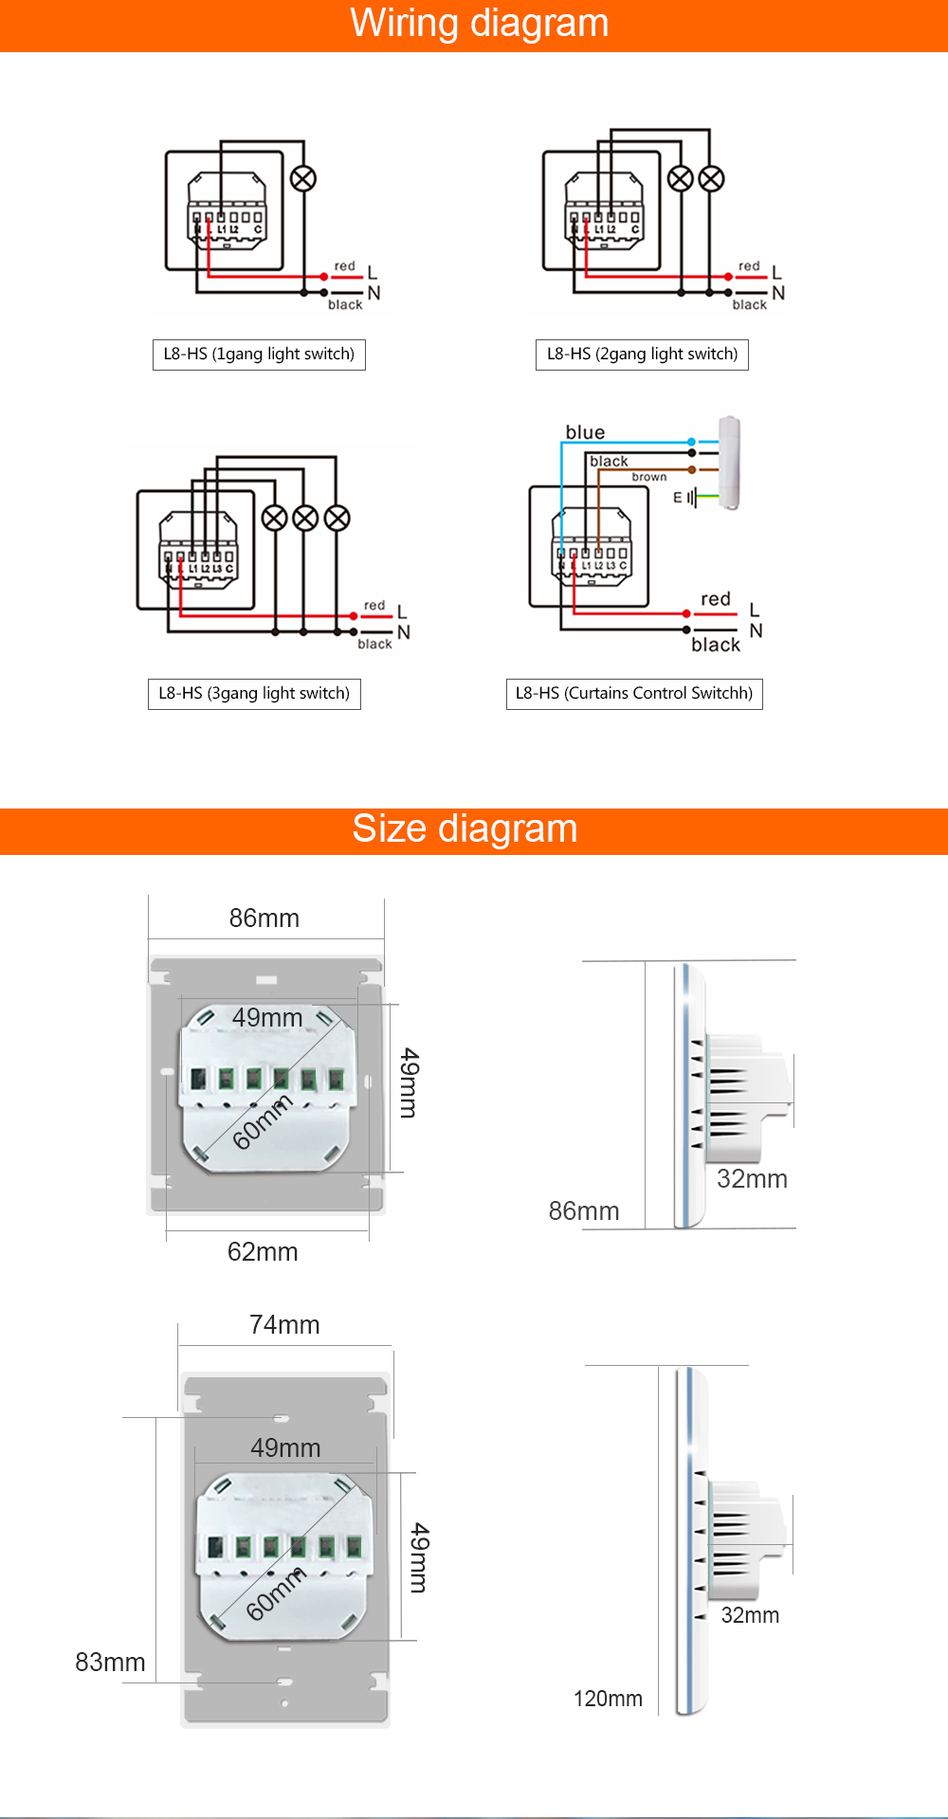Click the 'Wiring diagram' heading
479,23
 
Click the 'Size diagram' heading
465,828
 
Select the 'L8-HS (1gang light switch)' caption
259,355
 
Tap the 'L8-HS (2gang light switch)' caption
642,355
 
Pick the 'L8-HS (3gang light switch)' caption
254,694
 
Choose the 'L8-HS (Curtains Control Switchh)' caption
634,694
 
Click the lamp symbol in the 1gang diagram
303,178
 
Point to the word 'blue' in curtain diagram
585,432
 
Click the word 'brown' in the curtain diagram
649,477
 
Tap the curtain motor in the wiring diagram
729,463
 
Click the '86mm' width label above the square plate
264,919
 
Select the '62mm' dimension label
263,1252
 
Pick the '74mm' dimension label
284,1325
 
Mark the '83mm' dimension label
110,1663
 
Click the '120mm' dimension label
608,1699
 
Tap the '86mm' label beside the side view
584,1211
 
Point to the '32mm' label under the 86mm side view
752,1179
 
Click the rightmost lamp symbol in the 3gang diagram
337,518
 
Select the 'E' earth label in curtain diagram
678,497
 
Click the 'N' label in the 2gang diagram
778,293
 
